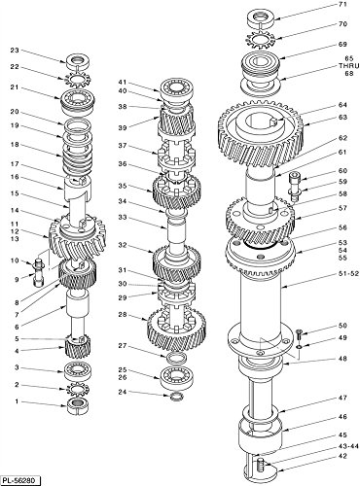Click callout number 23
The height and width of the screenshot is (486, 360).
(x=15, y=51)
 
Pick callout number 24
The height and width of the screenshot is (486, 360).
(x=122, y=393)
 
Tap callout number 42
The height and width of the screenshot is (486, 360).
(x=342, y=454)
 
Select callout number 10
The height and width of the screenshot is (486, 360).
(x=15, y=260)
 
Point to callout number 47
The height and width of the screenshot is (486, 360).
(x=342, y=399)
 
